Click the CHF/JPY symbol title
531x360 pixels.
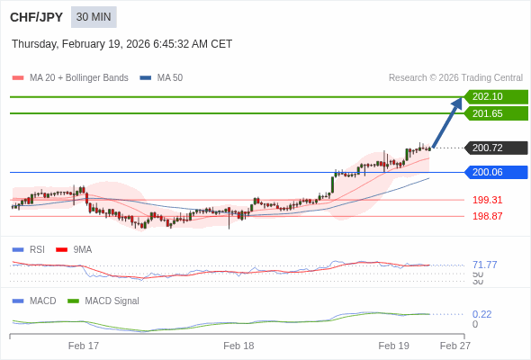[35, 17]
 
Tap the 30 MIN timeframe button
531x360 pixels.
[94, 17]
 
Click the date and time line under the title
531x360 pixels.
[121, 43]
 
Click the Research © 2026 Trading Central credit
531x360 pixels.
[455, 77]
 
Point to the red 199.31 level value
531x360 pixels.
[487, 200]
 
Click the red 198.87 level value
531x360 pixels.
[487, 216]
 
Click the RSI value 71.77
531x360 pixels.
[484, 265]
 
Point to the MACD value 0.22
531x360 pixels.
[481, 314]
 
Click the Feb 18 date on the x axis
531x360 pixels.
[238, 346]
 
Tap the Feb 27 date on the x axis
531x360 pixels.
[454, 346]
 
